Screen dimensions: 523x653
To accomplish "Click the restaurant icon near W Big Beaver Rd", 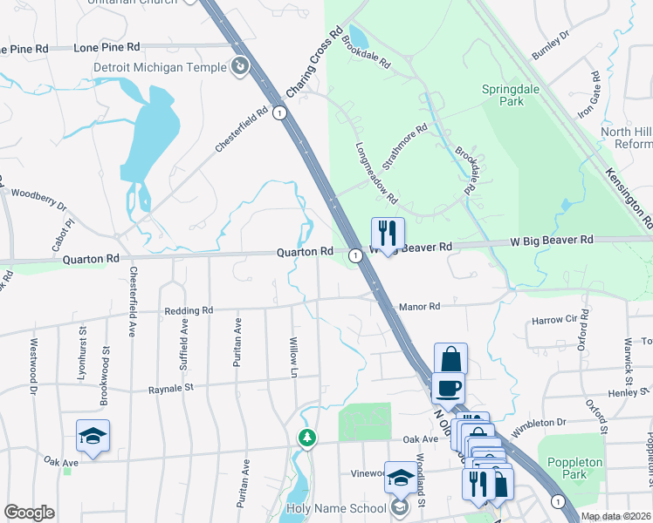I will click(388, 234).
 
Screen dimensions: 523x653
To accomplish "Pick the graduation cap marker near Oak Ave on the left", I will click(93, 437).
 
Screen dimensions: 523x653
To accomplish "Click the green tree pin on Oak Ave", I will click(306, 438).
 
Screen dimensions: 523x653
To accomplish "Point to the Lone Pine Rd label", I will click(107, 46).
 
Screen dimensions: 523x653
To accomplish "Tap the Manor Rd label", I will click(419, 307).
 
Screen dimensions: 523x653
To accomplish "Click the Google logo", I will click(30, 513).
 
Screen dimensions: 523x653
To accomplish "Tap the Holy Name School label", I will click(336, 508).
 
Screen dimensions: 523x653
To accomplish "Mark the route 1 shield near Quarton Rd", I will click(355, 255).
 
